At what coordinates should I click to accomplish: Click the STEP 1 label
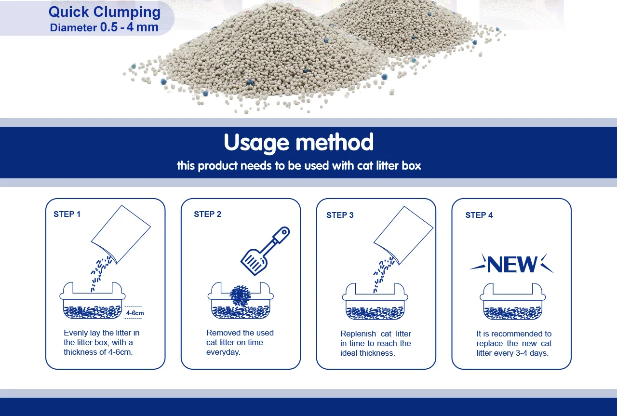[67, 214]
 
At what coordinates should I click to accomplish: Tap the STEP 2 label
[207, 214]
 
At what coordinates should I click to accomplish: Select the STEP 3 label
[340, 215]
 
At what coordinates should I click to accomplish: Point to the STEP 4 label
[479, 215]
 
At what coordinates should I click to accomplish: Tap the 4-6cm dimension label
[135, 313]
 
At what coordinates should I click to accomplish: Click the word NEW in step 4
[512, 264]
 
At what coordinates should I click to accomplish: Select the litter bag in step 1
[121, 234]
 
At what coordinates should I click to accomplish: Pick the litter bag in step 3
[403, 235]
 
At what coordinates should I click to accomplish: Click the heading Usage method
[298, 143]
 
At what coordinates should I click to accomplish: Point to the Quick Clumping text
[105, 12]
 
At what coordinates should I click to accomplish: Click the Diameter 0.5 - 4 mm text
[104, 27]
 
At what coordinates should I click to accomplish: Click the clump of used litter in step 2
[240, 295]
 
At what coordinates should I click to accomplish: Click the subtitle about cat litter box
[299, 166]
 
